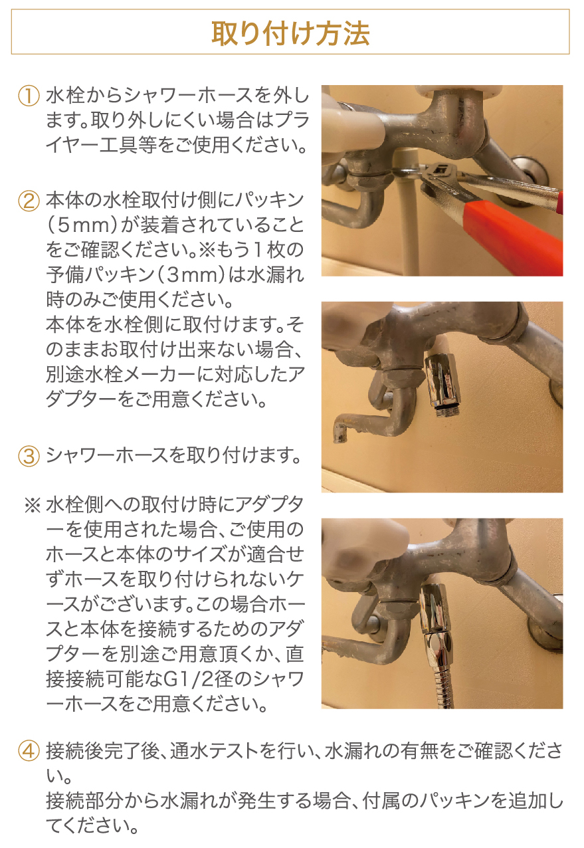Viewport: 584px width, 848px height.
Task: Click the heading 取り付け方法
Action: tap(290, 33)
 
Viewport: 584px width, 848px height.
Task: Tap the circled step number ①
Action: tap(29, 96)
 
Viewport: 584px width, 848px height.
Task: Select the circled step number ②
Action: tap(29, 201)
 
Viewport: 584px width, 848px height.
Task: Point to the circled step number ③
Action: tap(29, 457)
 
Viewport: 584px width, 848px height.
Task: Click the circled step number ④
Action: tap(29, 752)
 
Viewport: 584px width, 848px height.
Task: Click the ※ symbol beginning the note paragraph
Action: tap(33, 505)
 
